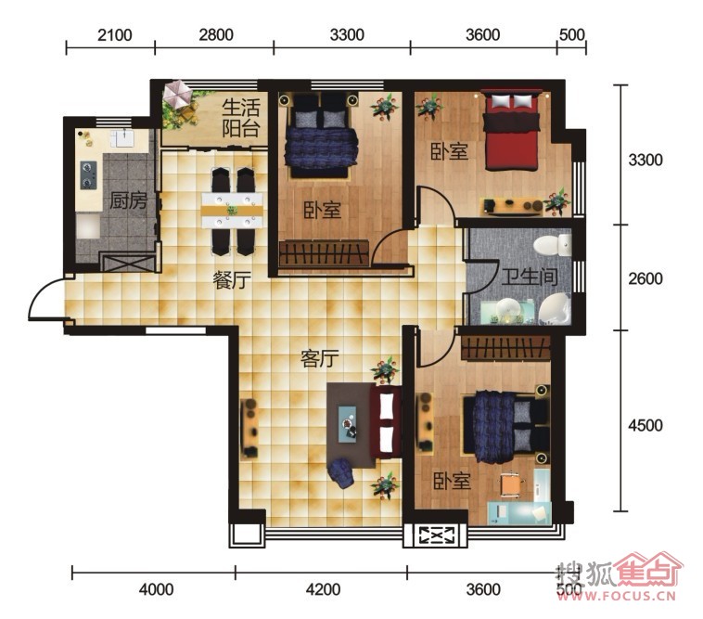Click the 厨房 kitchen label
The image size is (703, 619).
129,200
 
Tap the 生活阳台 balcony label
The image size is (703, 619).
241,118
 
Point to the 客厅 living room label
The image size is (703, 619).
320,358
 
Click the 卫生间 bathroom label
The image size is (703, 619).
530,277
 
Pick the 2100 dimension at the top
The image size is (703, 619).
115,35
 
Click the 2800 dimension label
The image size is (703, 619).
216,35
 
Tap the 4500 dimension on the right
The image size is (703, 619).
645,425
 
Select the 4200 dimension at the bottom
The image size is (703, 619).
323,589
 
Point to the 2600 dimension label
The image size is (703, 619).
645,278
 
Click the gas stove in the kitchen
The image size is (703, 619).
88,174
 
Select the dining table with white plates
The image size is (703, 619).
232,211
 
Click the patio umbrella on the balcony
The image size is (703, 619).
177,95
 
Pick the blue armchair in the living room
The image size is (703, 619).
340,473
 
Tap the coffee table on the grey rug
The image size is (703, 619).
348,424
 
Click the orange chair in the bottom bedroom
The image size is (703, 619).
511,484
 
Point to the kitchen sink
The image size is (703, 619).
121,138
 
